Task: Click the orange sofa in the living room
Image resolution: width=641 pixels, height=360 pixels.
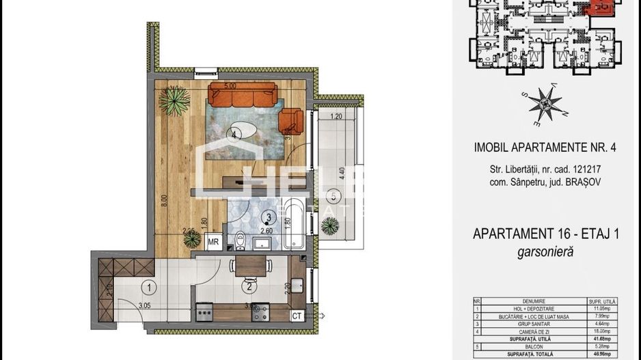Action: coord(243,95)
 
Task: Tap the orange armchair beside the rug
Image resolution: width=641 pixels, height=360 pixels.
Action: coord(292,121)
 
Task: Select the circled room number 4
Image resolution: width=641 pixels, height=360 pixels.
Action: coord(234,135)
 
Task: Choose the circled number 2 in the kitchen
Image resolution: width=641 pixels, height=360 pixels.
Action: coord(249,288)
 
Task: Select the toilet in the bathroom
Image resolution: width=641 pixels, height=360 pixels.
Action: coord(240,240)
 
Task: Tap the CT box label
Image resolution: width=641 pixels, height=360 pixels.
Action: coord(297,315)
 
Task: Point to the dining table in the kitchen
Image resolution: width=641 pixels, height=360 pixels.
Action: coord(251,266)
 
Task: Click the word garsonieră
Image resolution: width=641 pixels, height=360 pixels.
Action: coord(546,251)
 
